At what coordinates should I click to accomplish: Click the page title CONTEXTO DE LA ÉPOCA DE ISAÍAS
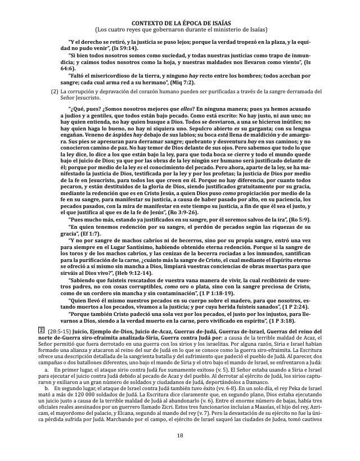[x=180, y=22]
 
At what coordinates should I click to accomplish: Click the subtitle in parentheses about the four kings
[x=180, y=29]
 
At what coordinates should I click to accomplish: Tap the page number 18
[x=180, y=451]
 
